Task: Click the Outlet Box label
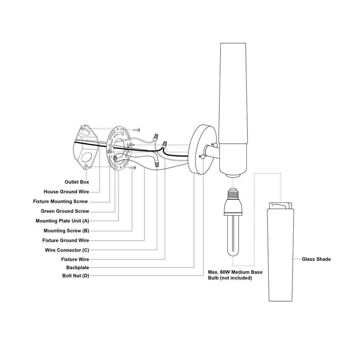click(x=77, y=182)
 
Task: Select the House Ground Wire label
click(x=66, y=192)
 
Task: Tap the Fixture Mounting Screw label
click(x=60, y=201)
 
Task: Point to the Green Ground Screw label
click(x=65, y=211)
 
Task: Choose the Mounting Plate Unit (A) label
click(x=62, y=221)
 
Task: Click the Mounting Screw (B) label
click(x=66, y=231)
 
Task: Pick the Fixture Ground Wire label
click(x=65, y=240)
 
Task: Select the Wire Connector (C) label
click(x=67, y=250)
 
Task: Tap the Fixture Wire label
click(x=75, y=259)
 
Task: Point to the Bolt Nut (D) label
click(x=76, y=276)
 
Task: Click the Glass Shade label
click(x=316, y=259)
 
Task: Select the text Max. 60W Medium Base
click(x=235, y=272)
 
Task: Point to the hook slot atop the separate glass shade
click(x=280, y=205)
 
